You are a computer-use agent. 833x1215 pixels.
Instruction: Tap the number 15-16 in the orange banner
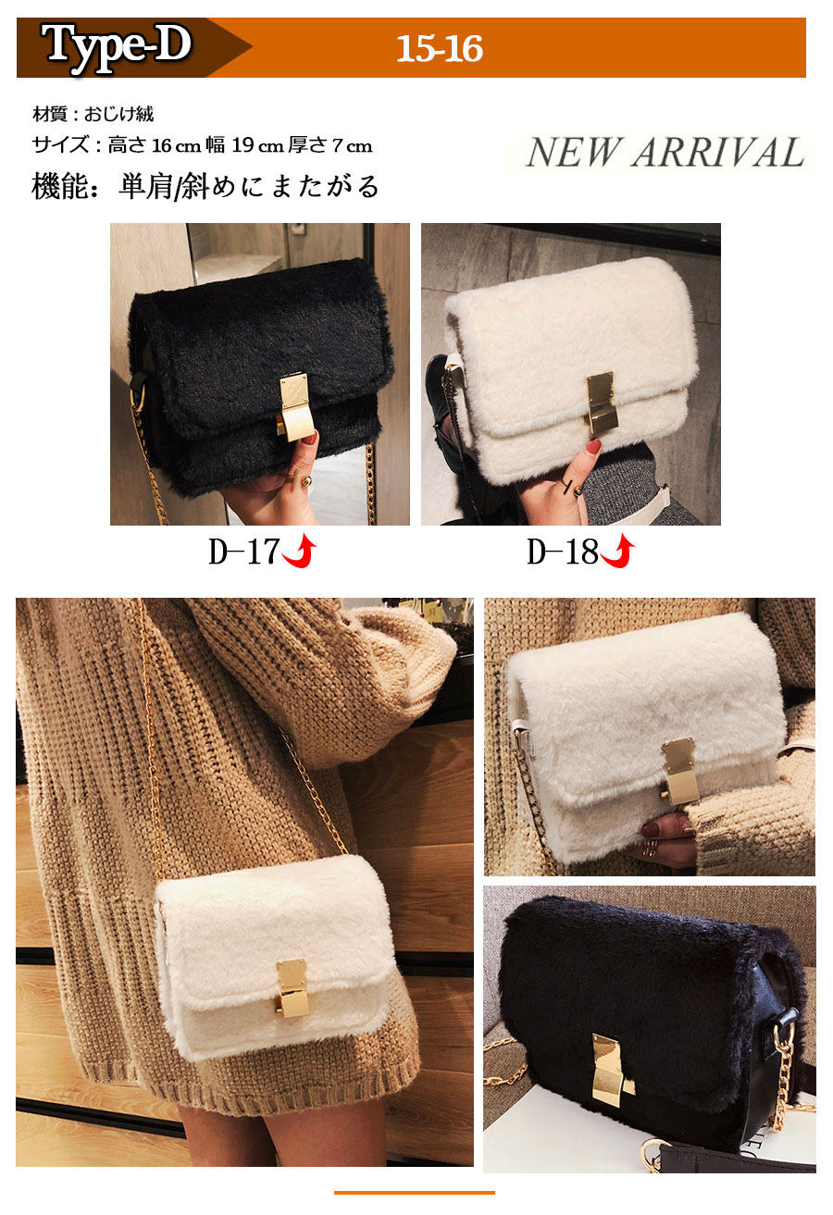point(440,49)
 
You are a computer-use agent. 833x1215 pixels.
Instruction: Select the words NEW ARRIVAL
point(665,153)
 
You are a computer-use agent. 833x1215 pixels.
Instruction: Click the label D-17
point(244,552)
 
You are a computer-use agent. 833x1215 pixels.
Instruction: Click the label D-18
point(562,552)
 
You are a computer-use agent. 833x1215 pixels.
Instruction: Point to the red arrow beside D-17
point(300,552)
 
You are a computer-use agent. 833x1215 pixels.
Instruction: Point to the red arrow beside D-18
point(618,552)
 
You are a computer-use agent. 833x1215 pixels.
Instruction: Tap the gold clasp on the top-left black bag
point(294,405)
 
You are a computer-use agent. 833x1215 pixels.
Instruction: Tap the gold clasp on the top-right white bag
point(602,403)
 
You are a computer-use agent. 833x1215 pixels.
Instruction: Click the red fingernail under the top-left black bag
point(310,438)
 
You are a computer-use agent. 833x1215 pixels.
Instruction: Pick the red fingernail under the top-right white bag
point(593,447)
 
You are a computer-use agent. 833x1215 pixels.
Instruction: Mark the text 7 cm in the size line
point(352,145)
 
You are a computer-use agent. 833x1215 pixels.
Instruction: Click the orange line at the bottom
point(414,1192)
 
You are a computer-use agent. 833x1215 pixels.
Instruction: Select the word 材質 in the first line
point(50,114)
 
